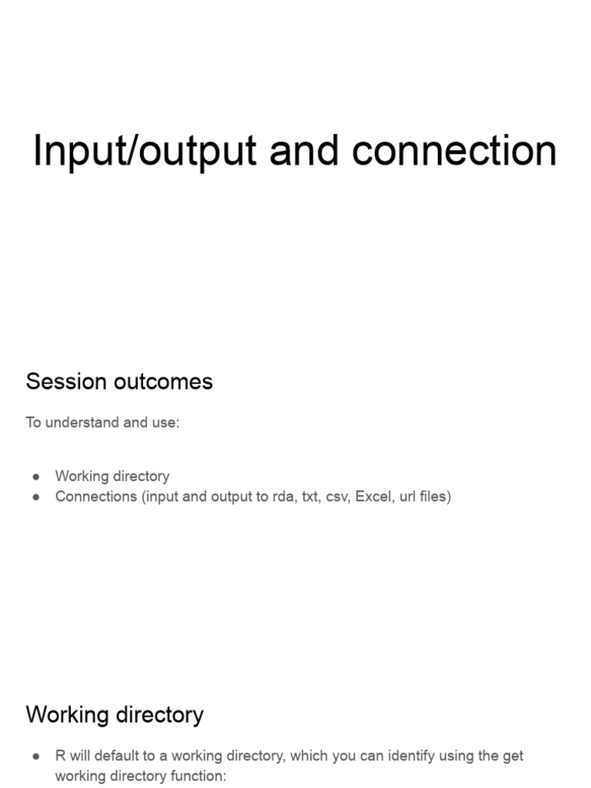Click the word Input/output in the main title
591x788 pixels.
point(144,151)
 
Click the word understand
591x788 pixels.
point(77,422)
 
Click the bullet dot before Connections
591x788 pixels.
point(36,497)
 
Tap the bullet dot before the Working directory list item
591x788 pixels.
point(36,477)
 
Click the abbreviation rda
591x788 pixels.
point(279,496)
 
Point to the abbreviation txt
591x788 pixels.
point(309,496)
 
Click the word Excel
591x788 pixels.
point(373,496)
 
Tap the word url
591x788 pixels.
point(408,496)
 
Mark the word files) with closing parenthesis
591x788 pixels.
point(436,496)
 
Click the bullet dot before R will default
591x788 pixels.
point(36,757)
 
